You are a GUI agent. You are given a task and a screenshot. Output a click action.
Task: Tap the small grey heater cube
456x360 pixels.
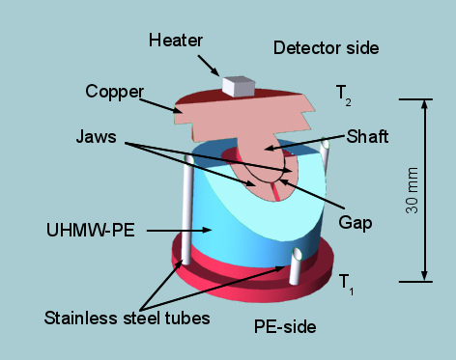coord(235,86)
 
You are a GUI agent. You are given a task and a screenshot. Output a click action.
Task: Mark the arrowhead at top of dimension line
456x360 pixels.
coord(425,104)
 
